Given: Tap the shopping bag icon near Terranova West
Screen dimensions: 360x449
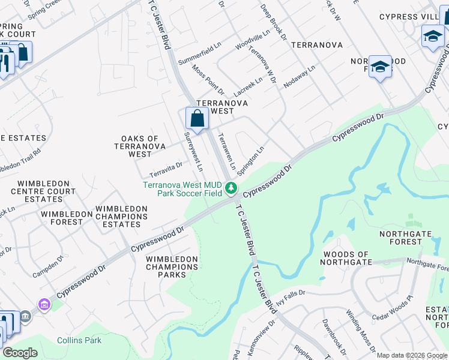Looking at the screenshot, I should tap(197, 118).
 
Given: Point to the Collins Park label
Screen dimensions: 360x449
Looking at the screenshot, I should tap(79, 340).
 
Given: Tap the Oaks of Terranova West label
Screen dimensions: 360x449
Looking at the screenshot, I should tap(140, 146).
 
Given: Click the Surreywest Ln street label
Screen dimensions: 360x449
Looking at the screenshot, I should tap(196, 152).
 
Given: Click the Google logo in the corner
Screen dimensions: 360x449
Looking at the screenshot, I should tap(20, 352).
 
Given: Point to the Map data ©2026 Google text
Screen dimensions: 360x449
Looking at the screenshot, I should tap(412, 355).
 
